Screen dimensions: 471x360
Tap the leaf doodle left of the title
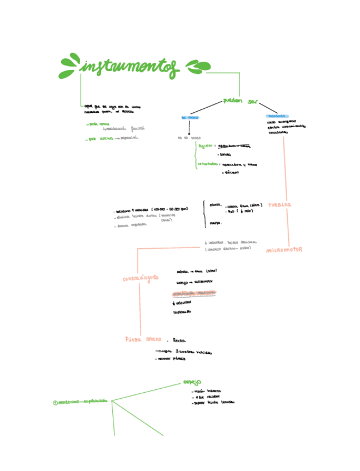point(70,66)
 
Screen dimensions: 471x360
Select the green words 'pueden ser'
point(241,101)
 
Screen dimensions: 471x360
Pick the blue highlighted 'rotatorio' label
point(277,116)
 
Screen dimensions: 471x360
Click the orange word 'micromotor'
point(284,250)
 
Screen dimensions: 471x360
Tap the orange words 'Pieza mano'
point(143,339)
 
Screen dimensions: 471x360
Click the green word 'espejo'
point(192,382)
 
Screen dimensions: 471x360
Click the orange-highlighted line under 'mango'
point(194,293)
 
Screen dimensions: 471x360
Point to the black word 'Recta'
point(179,340)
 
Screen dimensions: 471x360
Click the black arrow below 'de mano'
point(189,128)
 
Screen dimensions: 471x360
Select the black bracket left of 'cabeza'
point(204,214)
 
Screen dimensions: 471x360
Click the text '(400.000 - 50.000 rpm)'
point(169,209)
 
